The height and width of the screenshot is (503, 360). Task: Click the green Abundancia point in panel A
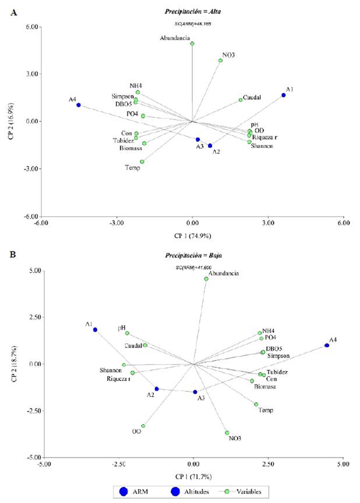coord(192,44)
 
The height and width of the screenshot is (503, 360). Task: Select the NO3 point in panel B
coord(227,433)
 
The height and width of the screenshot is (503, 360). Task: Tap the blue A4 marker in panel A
coord(79,105)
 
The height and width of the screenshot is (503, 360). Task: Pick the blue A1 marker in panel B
coord(95,330)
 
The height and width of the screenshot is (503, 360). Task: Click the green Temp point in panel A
coord(142,162)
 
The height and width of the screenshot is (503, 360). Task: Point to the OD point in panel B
coord(143,426)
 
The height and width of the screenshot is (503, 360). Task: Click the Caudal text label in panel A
coord(252,97)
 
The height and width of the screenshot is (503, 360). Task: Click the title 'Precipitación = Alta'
coord(193,11)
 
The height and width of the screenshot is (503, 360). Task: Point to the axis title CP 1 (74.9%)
coord(192,236)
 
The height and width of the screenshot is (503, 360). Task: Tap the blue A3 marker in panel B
coord(195,392)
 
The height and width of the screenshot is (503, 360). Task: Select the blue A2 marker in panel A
coord(210,146)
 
